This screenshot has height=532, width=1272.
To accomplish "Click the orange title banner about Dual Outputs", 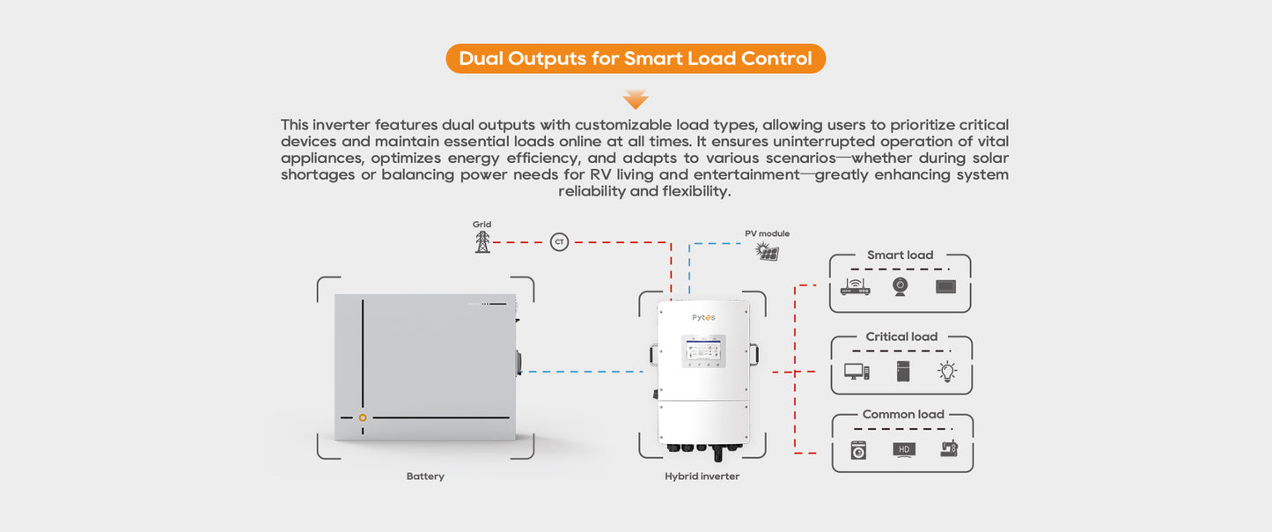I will (636, 59).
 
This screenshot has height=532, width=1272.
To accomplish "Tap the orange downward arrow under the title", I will (636, 99).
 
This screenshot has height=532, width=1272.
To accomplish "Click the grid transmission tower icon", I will (482, 241).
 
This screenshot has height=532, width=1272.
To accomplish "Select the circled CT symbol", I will (559, 241).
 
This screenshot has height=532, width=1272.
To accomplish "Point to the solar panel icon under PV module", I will (768, 253).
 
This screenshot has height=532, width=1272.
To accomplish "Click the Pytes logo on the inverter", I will (703, 317).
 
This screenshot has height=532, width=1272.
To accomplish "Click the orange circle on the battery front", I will (363, 417).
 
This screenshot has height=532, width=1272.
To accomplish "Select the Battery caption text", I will (425, 477).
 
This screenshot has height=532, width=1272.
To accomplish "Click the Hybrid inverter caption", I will (702, 477).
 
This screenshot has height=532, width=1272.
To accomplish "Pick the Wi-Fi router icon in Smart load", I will (856, 286).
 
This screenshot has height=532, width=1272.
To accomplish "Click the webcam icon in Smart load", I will (901, 287).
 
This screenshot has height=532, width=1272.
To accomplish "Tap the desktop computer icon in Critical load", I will (857, 372).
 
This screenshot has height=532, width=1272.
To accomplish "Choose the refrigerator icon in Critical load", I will (903, 371).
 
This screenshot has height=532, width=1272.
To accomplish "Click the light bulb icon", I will (947, 371).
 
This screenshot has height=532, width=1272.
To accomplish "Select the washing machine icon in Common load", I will (858, 450).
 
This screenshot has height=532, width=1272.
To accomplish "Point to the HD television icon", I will (904, 450).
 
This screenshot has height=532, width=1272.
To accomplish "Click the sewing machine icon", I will (948, 449).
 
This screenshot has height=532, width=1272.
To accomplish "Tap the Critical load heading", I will (901, 336).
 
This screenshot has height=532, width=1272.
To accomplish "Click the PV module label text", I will (768, 233).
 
